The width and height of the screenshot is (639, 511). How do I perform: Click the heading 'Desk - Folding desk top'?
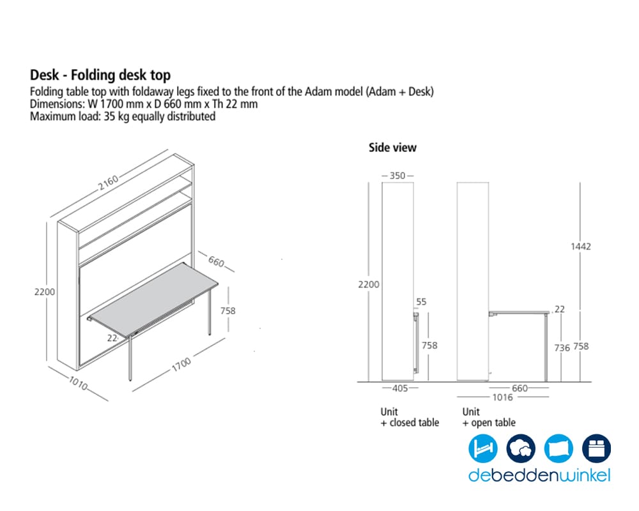coord(100,75)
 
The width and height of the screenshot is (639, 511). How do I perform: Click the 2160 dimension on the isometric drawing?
coord(109,182)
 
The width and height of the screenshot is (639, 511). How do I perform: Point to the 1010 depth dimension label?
coord(78,383)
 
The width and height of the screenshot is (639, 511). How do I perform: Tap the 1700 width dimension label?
coord(181,364)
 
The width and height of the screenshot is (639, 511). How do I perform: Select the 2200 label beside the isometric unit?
coord(45,292)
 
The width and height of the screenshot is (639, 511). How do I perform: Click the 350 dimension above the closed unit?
coord(397,176)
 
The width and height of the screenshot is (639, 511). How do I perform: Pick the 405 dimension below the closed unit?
coord(400,388)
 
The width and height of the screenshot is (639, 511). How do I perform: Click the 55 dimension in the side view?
coord(421,302)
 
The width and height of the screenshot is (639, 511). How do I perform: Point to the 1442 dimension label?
coord(581,246)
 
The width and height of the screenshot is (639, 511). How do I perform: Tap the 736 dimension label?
coord(562,347)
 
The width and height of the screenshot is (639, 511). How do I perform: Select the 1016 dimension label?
coord(502,397)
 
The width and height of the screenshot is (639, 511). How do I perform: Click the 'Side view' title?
coord(392,148)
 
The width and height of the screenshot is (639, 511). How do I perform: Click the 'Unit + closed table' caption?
coord(410,417)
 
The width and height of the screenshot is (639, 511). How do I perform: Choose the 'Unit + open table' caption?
coord(489,417)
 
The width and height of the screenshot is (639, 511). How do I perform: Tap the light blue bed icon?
coord(483,448)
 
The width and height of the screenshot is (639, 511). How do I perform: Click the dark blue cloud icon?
coord(521,448)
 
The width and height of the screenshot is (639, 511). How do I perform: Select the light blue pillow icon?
coord(558,448)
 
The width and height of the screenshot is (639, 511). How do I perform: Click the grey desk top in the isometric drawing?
coord(154,299)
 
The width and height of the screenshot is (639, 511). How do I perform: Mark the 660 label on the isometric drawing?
coord(216,261)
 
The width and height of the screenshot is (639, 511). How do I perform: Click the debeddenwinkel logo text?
coord(539,475)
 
